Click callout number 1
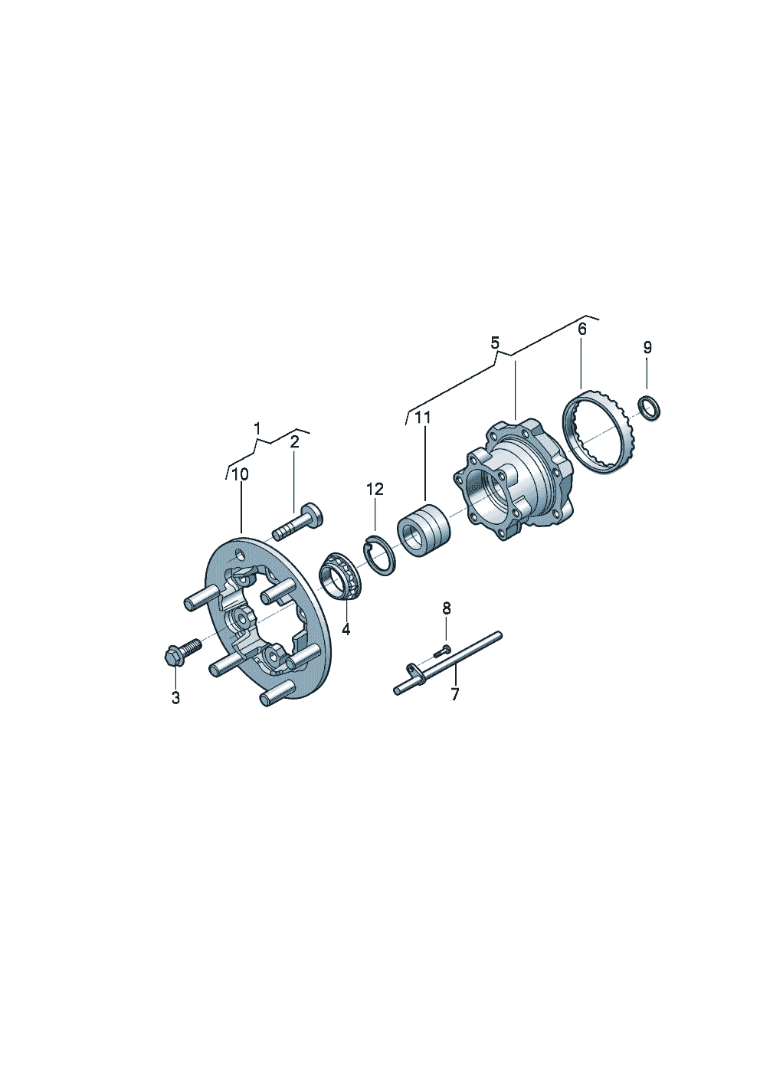point(257,428)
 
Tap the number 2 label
point(294,442)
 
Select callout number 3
point(175,698)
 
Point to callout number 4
point(346,629)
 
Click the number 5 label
point(495,343)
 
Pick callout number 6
point(581,329)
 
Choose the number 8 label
point(446,608)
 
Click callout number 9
point(647,346)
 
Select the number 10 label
point(241,474)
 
